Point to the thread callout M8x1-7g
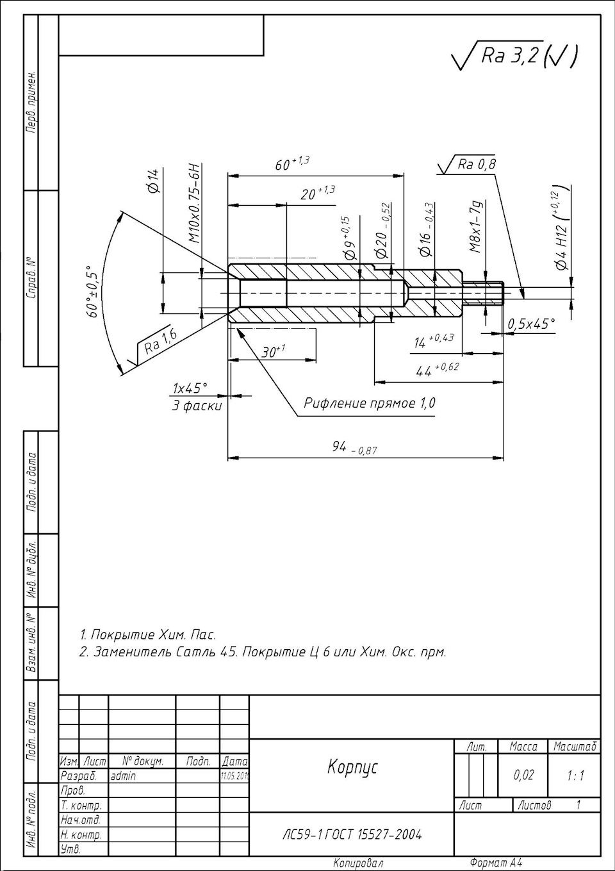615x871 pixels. click(x=475, y=226)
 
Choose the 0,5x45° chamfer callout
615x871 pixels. click(x=531, y=324)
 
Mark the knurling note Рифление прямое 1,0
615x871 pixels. click(x=370, y=403)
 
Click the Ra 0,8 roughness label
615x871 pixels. click(x=477, y=165)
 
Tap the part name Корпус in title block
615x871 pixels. click(x=353, y=767)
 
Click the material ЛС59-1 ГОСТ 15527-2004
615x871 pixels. click(x=352, y=834)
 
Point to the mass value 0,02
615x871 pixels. click(x=523, y=776)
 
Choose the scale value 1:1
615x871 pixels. click(x=575, y=776)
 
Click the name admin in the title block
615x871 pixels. click(x=123, y=776)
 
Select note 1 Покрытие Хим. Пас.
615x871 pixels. click(x=148, y=635)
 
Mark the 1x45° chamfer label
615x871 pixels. click(x=190, y=388)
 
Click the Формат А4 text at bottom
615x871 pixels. click(x=495, y=863)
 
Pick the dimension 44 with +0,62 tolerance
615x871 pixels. click(x=436, y=370)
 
